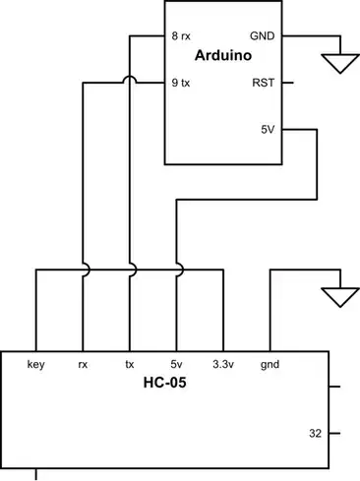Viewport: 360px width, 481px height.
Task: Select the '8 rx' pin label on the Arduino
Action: click(x=182, y=35)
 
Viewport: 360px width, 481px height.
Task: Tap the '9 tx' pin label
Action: click(x=181, y=83)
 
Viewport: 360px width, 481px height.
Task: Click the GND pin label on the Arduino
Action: click(x=263, y=35)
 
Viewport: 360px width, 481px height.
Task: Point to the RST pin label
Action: click(x=265, y=83)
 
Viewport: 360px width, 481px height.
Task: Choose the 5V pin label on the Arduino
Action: click(x=268, y=129)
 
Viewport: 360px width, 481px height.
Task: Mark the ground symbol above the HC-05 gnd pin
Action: click(x=341, y=294)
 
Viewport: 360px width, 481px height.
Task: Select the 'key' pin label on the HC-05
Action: click(x=36, y=364)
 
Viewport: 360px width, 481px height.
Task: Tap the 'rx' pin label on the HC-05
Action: click(x=83, y=364)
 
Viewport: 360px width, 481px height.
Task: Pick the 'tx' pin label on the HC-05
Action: click(x=129, y=364)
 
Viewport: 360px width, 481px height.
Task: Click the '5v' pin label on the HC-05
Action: click(x=177, y=364)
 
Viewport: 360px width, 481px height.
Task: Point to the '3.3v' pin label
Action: click(x=223, y=364)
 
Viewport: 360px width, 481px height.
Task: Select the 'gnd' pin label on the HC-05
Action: click(x=270, y=364)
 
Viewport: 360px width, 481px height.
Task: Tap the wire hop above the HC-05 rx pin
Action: click(x=84, y=268)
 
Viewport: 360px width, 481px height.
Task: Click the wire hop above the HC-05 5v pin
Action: click(x=178, y=268)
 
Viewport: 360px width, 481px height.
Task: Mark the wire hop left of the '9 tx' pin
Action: click(x=131, y=84)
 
